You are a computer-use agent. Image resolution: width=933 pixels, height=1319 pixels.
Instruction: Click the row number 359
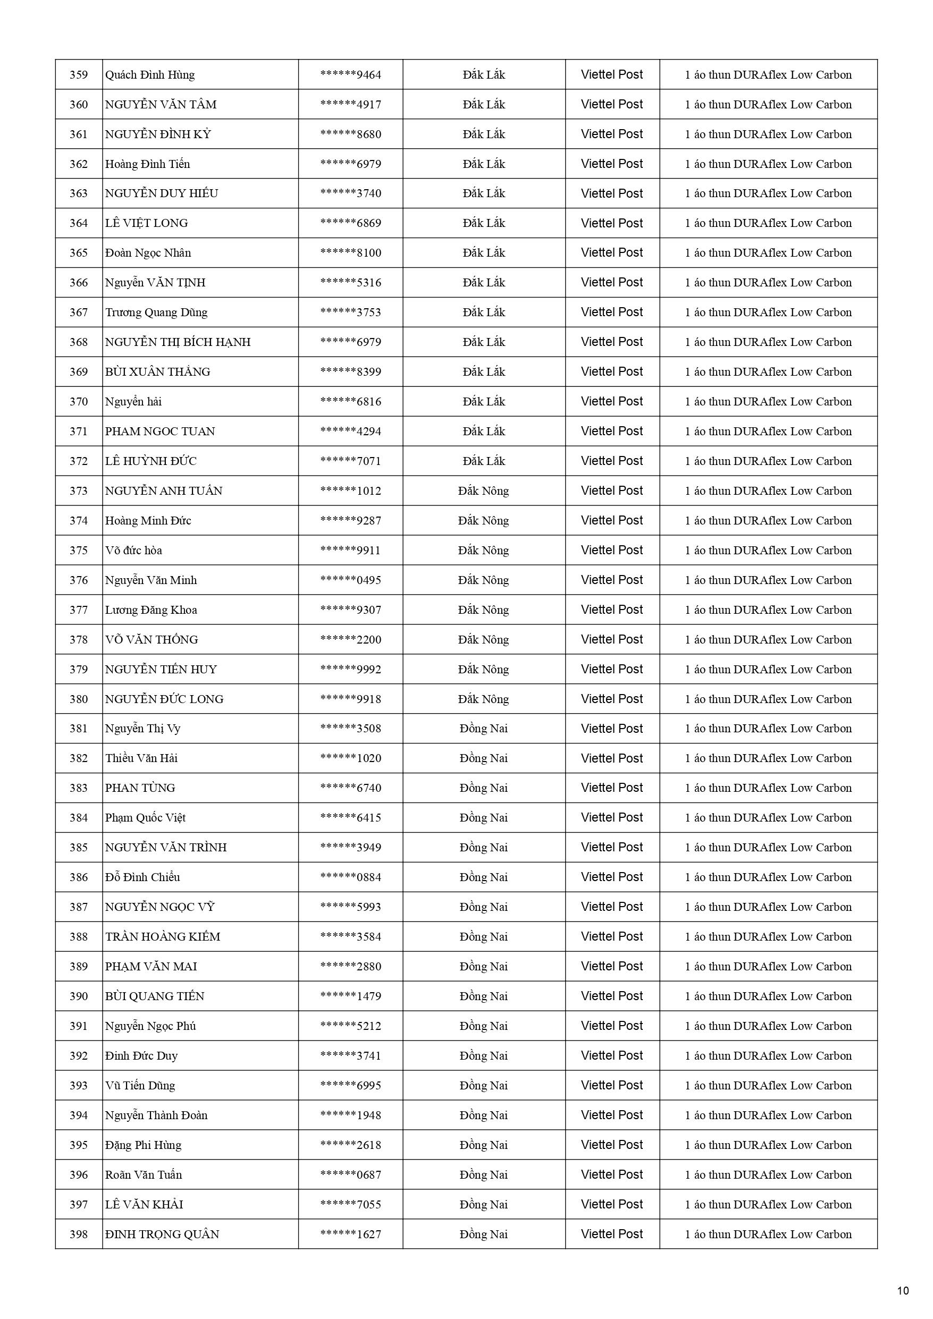[79, 75]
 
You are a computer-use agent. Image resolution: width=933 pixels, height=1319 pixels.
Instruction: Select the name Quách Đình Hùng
[149, 75]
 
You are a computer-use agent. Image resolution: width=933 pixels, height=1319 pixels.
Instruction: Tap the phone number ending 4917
[351, 105]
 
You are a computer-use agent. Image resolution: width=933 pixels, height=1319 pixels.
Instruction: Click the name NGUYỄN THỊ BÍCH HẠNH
[178, 342]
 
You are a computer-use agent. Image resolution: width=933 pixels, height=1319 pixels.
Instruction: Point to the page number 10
[903, 1291]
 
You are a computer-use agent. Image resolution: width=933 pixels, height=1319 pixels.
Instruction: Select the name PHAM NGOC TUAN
[160, 432]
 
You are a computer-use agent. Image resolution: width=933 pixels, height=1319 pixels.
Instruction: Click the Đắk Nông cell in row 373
[483, 491]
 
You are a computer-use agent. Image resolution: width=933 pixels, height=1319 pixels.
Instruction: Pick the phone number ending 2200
[351, 640]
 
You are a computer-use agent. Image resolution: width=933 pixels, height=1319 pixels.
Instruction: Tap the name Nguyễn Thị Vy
[142, 729]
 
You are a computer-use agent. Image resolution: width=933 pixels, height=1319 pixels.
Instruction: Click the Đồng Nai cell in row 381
[483, 729]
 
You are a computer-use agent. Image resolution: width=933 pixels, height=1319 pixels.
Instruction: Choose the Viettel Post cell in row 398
[612, 1235]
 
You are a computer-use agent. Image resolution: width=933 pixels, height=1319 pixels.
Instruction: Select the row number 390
[79, 997]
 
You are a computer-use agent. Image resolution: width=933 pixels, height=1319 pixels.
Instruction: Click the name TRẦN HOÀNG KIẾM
[163, 937]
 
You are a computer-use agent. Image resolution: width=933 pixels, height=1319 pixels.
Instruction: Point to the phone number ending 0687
[351, 1175]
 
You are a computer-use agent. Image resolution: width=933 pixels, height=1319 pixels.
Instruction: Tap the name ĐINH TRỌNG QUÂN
[162, 1235]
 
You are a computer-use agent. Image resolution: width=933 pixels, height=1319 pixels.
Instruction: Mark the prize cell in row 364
[768, 224]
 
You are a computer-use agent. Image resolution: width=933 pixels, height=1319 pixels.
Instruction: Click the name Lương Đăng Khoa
[150, 610]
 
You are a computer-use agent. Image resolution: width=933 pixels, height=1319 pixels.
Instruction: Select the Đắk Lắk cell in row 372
[483, 461]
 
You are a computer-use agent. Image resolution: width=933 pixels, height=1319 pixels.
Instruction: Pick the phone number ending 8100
[351, 253]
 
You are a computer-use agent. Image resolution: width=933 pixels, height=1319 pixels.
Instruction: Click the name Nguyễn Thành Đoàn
[156, 1115]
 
